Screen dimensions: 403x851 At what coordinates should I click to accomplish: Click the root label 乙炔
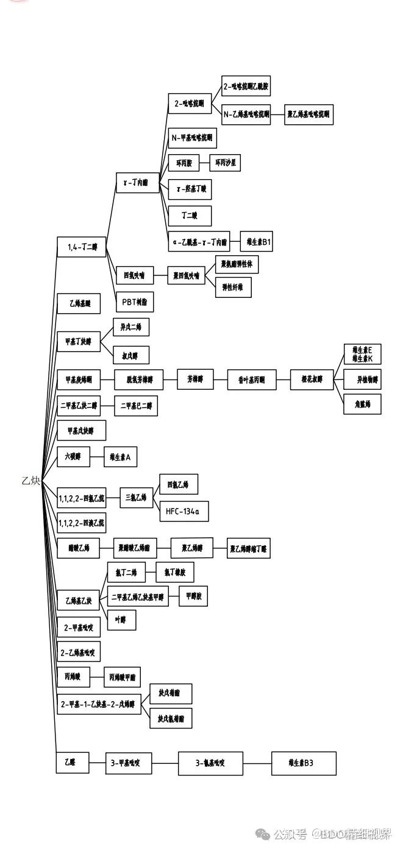tap(31, 481)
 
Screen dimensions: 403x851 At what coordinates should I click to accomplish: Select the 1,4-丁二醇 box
tap(82, 247)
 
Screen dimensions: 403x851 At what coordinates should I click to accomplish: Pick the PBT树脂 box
tap(135, 302)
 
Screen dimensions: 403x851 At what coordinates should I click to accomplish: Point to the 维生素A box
tap(120, 456)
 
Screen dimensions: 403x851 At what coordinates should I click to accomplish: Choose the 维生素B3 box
tap(304, 763)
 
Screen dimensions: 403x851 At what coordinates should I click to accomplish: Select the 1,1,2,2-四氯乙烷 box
tap(81, 498)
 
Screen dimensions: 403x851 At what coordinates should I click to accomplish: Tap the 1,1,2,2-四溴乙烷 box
tap(81, 523)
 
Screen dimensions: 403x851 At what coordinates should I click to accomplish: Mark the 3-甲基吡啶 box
tap(129, 763)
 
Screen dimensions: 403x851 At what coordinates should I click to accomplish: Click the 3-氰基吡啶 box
tap(210, 763)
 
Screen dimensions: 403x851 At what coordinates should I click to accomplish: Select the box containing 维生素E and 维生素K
tap(362, 355)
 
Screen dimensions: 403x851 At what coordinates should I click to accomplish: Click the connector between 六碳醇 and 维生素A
tap(96, 456)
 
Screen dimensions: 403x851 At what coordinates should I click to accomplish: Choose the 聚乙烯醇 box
tap(192, 548)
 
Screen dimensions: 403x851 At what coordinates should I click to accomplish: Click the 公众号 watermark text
tap(290, 833)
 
